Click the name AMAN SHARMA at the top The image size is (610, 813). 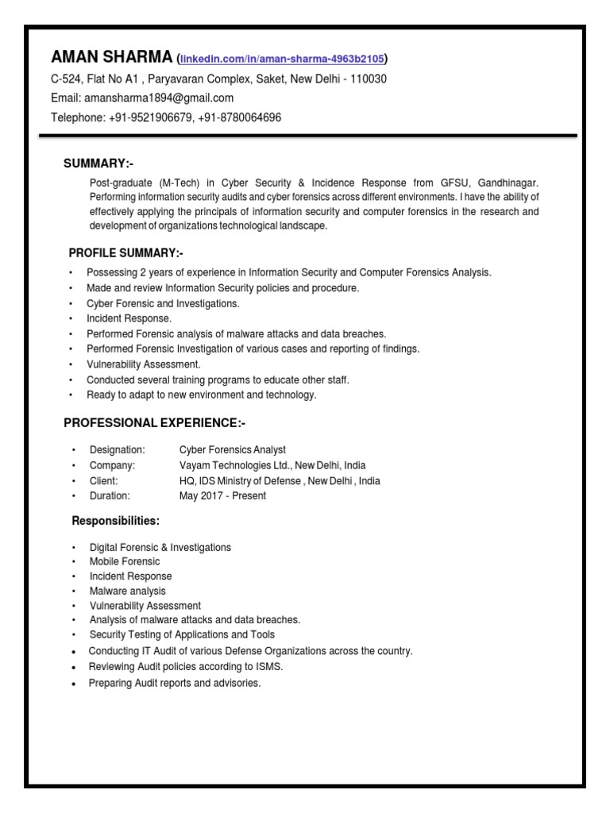pyautogui.click(x=111, y=56)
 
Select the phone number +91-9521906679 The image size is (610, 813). pyautogui.click(x=147, y=118)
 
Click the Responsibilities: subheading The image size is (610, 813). pyautogui.click(x=116, y=521)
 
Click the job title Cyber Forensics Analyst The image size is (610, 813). pyautogui.click(x=233, y=449)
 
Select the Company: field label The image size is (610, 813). pyautogui.click(x=112, y=465)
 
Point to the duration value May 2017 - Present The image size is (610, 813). pyautogui.click(x=223, y=495)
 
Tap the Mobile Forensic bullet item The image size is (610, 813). pyautogui.click(x=125, y=561)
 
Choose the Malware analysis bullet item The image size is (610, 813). pyautogui.click(x=128, y=591)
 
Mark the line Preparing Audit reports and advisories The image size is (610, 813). pyautogui.click(x=175, y=683)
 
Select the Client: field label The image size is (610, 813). pyautogui.click(x=104, y=480)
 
